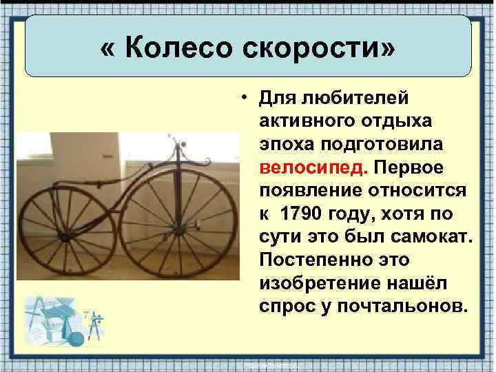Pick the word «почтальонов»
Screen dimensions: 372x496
click(x=393, y=305)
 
